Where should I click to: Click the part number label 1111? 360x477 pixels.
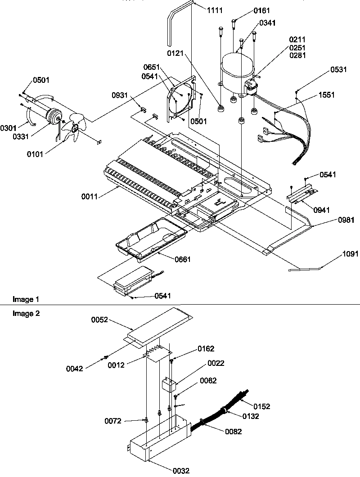click(215, 10)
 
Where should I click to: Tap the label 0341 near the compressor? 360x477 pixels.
click(267, 22)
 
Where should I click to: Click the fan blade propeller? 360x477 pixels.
click(72, 128)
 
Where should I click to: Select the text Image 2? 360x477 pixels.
click(26, 314)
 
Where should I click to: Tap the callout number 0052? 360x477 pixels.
click(100, 319)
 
